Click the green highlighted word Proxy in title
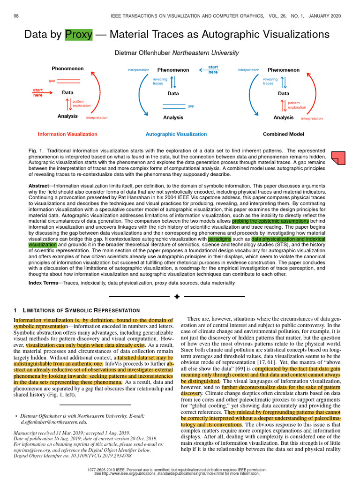78,35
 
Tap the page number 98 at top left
16,16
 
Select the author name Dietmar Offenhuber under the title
142,53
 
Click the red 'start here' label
38,92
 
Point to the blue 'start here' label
213,69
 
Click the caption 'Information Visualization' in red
67,134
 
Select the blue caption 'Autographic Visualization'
176,134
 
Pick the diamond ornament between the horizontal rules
177,297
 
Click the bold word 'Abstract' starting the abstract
38,186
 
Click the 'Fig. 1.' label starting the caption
36,150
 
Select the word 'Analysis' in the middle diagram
173,118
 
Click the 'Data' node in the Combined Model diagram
284,93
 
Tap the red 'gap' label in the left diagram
52,81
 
